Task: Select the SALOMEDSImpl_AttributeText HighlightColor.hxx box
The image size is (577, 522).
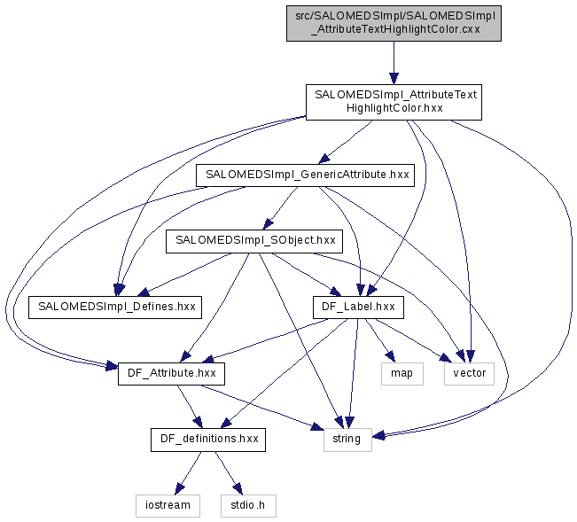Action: [393, 102]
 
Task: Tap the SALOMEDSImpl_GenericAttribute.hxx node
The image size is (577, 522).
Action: [306, 175]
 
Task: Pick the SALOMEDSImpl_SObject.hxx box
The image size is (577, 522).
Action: [255, 240]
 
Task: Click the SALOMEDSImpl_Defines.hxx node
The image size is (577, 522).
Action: [115, 307]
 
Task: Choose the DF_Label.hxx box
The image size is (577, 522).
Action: [358, 307]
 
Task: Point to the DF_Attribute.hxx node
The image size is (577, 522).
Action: [171, 373]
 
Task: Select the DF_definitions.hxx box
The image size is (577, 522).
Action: [208, 439]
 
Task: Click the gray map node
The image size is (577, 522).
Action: [402, 373]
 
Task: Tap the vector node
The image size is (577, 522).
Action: [470, 373]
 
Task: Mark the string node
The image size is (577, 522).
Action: [346, 439]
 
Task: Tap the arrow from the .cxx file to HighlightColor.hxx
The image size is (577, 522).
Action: [394, 62]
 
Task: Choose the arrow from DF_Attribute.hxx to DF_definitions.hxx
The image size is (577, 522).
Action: [188, 406]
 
